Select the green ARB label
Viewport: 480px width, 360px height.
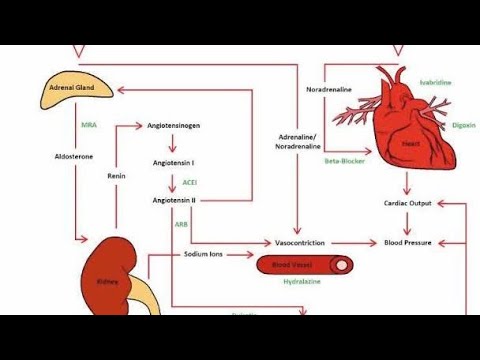(x=181, y=225)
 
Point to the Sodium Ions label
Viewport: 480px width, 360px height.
(x=204, y=254)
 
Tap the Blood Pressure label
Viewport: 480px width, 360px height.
(x=407, y=243)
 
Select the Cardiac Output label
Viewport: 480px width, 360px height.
(x=407, y=203)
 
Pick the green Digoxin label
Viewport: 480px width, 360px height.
(x=435, y=126)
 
